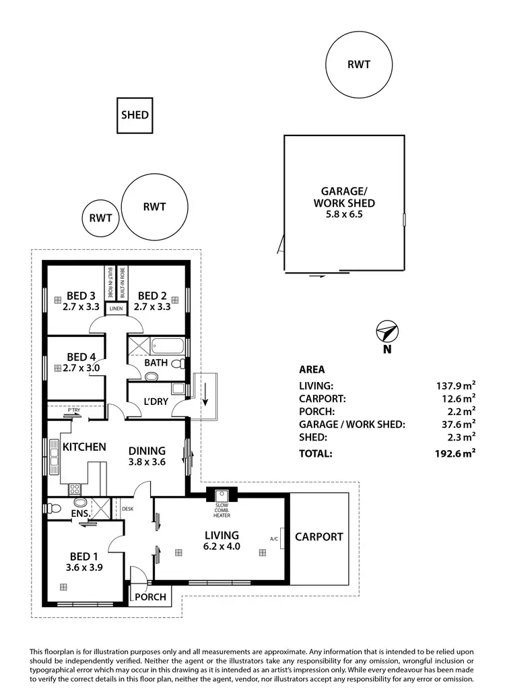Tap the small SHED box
(135, 115)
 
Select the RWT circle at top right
(358, 65)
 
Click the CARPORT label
(319, 537)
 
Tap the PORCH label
(148, 597)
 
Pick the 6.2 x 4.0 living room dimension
(222, 547)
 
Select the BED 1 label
(84, 556)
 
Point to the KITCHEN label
(84, 447)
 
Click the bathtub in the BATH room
(168, 348)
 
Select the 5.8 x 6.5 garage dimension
(344, 216)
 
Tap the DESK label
(127, 508)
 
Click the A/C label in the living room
(274, 539)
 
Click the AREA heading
(312, 369)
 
